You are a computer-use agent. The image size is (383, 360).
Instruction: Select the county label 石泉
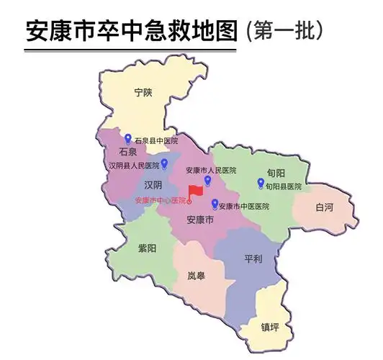tap(127, 153)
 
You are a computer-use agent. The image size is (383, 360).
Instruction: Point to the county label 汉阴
tap(153, 185)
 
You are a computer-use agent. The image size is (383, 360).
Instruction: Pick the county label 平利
tap(253, 258)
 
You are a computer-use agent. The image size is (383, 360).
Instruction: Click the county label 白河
tap(325, 207)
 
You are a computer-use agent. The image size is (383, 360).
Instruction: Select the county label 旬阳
tap(276, 174)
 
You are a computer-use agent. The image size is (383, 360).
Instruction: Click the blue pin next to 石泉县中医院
tap(128, 138)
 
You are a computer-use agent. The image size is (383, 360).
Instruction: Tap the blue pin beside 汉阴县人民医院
tap(165, 163)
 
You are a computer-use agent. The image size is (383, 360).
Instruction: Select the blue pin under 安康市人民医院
tap(208, 180)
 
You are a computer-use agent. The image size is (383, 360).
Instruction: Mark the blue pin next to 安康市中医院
tap(215, 204)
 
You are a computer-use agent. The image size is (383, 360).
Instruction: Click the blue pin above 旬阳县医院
tap(261, 183)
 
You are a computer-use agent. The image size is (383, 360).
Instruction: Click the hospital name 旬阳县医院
tap(283, 186)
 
